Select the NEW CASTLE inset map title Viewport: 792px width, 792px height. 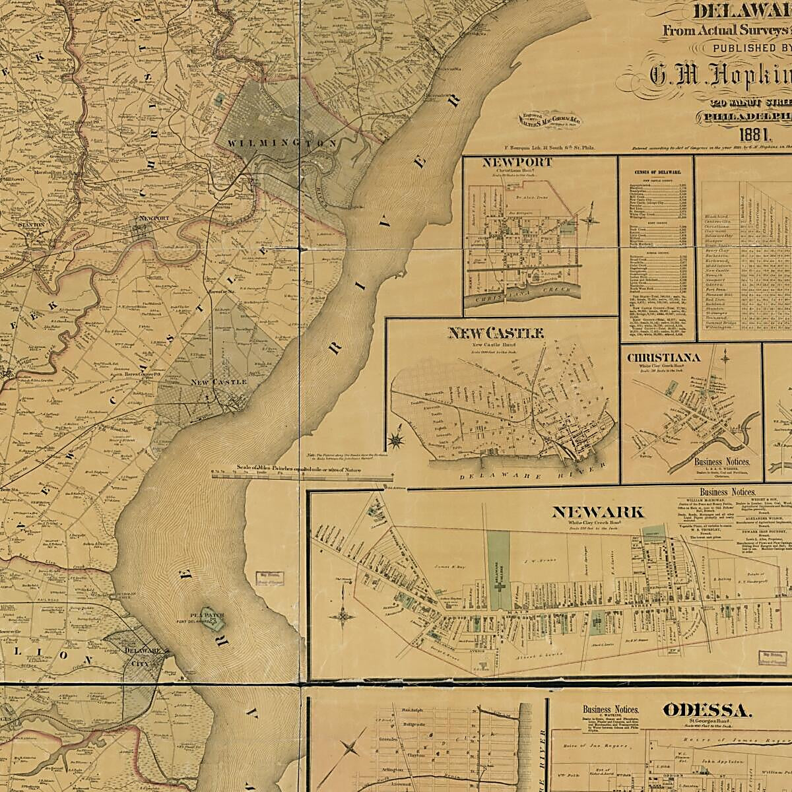pyautogui.click(x=496, y=333)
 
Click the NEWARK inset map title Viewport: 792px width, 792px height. pyautogui.click(x=597, y=511)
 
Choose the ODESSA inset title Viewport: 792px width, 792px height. pyautogui.click(x=706, y=710)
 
